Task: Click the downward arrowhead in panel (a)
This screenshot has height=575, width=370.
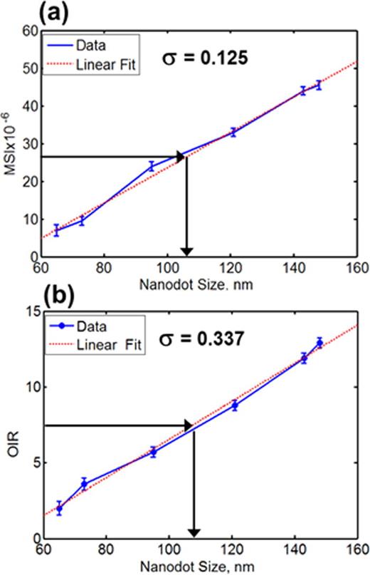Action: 186,249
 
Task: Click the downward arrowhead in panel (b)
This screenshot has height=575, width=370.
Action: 194,531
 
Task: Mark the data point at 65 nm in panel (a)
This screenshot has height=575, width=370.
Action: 57,230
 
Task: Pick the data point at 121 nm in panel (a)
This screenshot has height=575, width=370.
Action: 233,132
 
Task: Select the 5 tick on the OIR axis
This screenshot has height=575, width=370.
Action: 32,462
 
